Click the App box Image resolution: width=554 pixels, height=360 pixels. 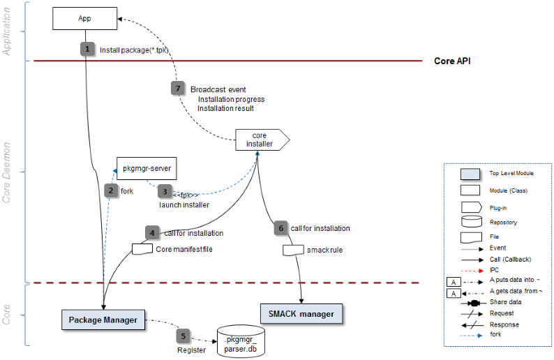point(84,17)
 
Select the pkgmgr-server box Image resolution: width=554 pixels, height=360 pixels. point(147,168)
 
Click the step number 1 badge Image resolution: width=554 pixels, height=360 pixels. point(87,49)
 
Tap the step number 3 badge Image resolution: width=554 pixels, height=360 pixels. point(165,190)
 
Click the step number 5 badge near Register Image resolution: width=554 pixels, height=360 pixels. point(184,335)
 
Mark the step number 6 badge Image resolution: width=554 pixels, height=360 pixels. point(280,228)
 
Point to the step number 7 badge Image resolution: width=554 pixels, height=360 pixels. point(178,89)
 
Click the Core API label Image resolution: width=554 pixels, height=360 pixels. point(452,61)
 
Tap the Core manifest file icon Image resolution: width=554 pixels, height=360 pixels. point(142,248)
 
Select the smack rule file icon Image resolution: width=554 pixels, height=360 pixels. point(292,249)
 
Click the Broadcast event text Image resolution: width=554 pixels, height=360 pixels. point(218,89)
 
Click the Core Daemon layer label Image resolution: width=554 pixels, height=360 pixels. point(8,172)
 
